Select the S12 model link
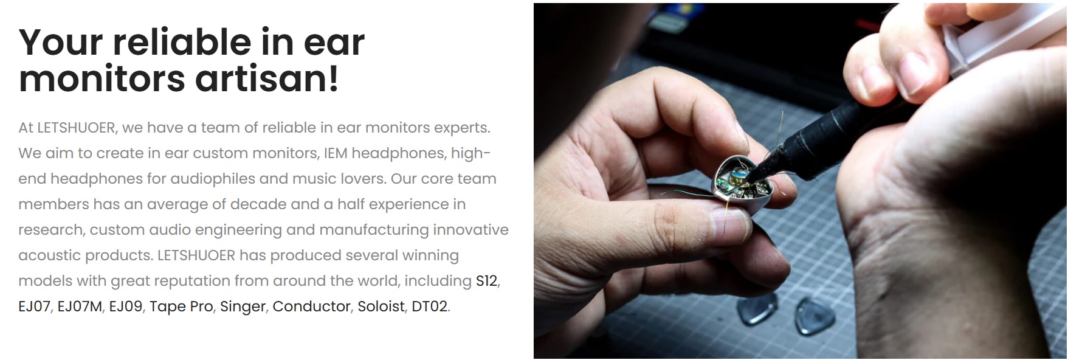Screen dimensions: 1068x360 (486, 281)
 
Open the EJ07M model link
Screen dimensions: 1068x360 (80, 306)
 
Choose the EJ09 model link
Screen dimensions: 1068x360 (125, 306)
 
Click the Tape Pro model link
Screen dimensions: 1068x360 (181, 306)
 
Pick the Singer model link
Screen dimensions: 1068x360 (243, 306)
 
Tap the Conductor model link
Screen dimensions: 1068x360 (311, 306)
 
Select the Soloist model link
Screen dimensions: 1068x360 (381, 306)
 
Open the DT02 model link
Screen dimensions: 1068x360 (429, 306)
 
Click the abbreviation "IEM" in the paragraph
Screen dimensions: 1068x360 (336, 153)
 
